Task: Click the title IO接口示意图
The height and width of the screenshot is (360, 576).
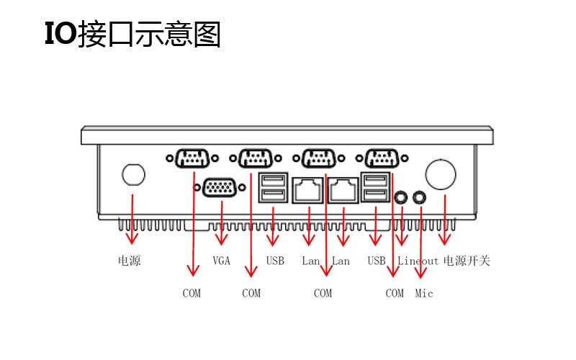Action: [132, 35]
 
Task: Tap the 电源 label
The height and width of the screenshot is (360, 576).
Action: [130, 261]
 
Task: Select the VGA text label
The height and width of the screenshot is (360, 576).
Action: [222, 261]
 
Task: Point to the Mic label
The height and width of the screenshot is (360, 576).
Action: [424, 293]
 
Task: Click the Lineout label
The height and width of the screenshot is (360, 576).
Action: [418, 261]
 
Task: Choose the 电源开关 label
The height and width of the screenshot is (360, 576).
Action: [467, 261]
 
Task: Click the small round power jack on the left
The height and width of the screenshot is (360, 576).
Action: [133, 174]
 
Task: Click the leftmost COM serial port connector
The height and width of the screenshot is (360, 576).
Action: [192, 158]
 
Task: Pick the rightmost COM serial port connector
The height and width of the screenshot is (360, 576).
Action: [382, 158]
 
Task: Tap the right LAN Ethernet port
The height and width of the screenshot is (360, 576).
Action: [343, 189]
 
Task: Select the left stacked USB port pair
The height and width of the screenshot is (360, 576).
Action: [273, 188]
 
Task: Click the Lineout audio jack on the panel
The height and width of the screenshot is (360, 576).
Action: [402, 197]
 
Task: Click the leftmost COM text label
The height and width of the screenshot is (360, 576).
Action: [192, 293]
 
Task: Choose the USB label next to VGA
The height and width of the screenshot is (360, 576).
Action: [275, 261]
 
